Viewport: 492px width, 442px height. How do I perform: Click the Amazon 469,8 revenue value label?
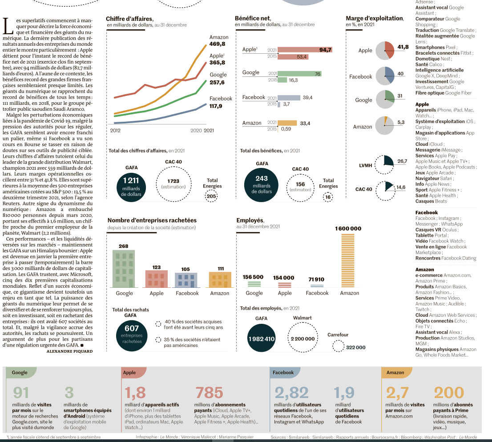click(217, 44)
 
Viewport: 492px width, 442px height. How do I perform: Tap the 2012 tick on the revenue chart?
click(115, 131)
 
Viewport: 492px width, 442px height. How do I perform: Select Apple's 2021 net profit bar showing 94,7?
click(305, 50)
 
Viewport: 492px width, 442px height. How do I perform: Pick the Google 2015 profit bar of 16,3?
click(282, 80)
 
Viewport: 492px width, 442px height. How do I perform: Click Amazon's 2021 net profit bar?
click(287, 123)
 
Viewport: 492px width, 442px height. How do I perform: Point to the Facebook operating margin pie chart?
click(385, 76)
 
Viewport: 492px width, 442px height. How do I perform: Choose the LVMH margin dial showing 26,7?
click(384, 164)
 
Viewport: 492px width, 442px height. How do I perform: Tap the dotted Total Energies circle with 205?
click(211, 196)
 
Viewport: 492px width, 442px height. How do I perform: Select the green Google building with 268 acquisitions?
click(124, 269)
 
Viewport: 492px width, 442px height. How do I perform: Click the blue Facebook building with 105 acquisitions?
click(186, 280)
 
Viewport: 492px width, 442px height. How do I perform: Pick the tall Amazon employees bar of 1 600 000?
click(348, 260)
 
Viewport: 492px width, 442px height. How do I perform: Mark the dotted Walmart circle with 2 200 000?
click(302, 338)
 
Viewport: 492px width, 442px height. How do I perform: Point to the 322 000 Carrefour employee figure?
click(355, 347)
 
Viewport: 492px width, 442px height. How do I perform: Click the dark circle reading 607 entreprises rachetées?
click(132, 335)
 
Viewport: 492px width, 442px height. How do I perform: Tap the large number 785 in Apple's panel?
click(209, 393)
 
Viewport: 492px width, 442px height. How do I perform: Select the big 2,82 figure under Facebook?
click(291, 393)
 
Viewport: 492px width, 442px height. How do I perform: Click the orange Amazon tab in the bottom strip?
click(396, 372)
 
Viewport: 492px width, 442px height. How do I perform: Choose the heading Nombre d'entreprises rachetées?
click(152, 220)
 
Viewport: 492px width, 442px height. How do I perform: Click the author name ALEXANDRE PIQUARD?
click(70, 351)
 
